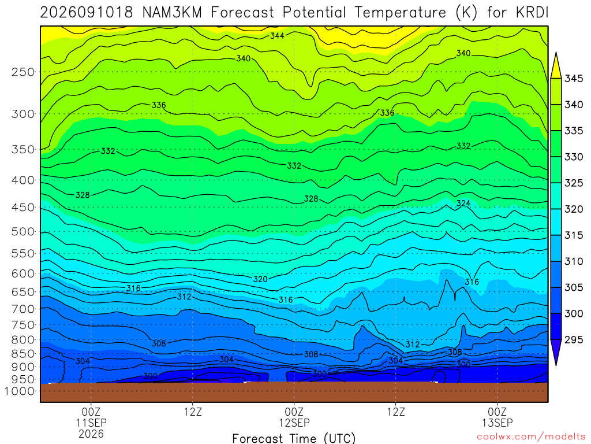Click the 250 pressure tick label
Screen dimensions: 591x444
(x=23, y=72)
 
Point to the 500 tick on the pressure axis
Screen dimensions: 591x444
(x=23, y=231)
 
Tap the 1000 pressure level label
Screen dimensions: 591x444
(x=19, y=391)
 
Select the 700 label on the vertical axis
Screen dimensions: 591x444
(x=23, y=309)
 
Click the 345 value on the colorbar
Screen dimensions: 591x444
(x=574, y=79)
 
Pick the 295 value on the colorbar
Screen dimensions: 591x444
(x=574, y=340)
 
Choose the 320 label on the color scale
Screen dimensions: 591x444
(x=574, y=209)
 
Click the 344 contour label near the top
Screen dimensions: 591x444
(x=277, y=36)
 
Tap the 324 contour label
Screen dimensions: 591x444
(x=463, y=203)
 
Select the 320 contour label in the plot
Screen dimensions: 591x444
(x=260, y=279)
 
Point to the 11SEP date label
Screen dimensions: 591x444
(x=91, y=423)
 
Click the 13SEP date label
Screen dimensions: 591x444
(x=498, y=423)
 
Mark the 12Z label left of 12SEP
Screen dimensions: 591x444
(x=193, y=412)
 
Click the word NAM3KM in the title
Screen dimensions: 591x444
(x=172, y=13)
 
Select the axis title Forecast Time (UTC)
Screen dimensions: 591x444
(x=294, y=438)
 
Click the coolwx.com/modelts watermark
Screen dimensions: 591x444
(x=531, y=437)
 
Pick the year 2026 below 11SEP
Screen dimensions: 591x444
(x=91, y=434)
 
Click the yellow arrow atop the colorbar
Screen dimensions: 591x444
(x=556, y=65)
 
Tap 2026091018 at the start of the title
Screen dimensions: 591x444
(x=87, y=13)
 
